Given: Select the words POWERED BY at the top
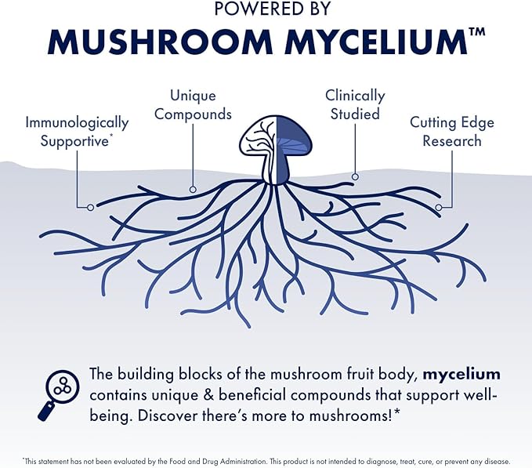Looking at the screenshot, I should click(x=266, y=9).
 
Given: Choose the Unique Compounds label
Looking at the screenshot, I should click(x=193, y=105).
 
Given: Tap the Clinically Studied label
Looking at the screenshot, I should click(x=355, y=105).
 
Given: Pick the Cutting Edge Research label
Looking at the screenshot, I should click(x=452, y=132).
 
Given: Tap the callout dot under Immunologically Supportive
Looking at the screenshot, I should click(x=91, y=207).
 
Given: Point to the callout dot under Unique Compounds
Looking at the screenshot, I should click(x=193, y=189).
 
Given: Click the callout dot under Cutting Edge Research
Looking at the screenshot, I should click(x=439, y=207).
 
